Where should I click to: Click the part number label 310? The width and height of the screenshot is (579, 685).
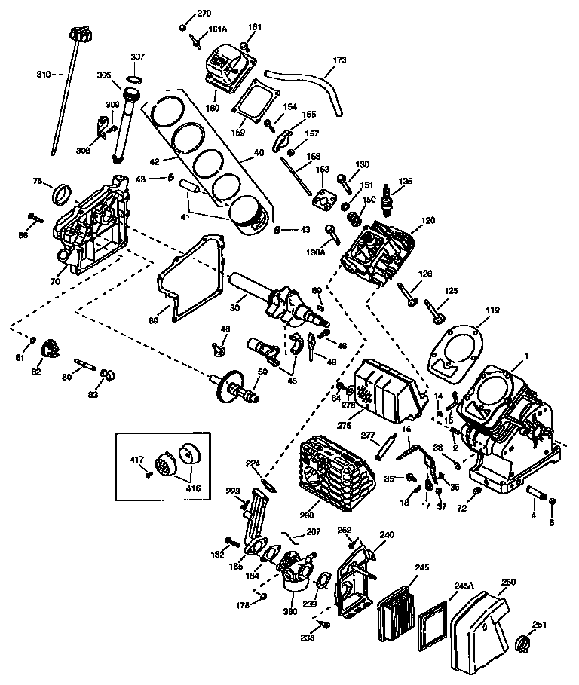[43, 74]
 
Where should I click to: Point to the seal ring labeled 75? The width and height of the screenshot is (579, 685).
[61, 195]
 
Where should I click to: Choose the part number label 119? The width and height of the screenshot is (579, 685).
[471, 310]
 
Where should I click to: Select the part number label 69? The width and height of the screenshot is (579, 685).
[153, 320]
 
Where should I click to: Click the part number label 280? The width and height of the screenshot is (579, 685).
[307, 515]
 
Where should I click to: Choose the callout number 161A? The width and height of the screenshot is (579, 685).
[218, 29]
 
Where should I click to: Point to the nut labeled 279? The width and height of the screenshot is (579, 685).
[183, 28]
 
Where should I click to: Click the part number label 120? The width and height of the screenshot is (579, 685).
[428, 221]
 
